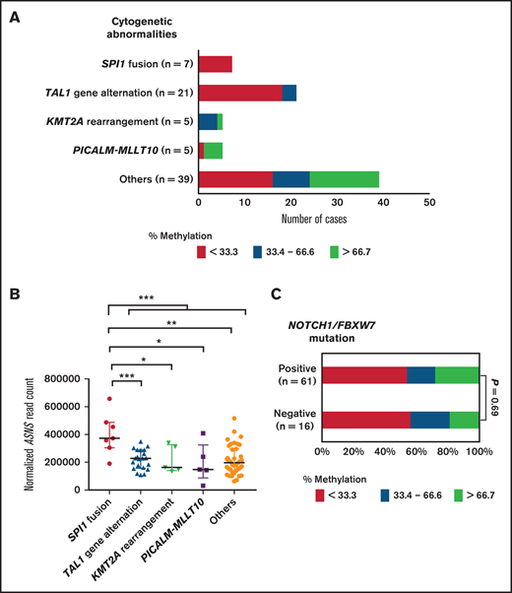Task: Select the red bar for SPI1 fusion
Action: (215, 64)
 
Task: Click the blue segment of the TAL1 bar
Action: (289, 93)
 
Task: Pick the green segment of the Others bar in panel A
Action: (345, 178)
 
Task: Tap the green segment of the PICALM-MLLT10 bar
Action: (214, 150)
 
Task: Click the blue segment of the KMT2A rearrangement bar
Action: (208, 121)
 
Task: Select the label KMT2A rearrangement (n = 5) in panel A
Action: (123, 121)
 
